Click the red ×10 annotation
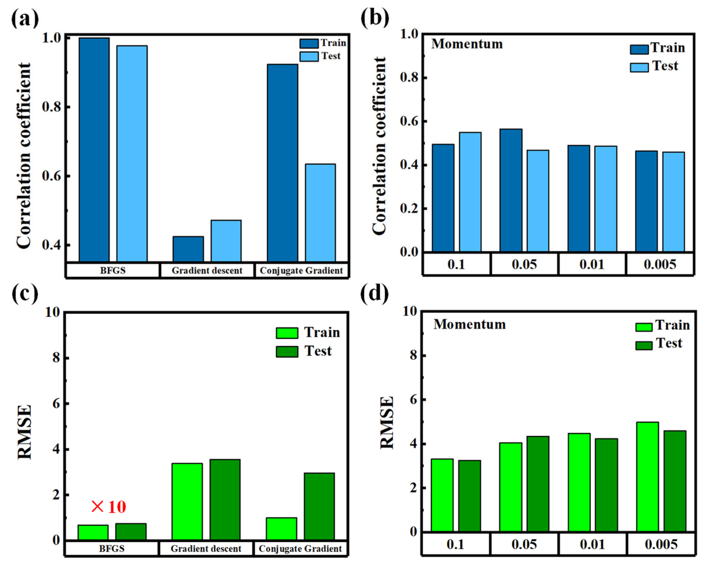click(109, 507)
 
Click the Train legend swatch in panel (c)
click(287, 333)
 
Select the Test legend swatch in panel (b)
click(639, 67)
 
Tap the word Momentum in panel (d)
click(470, 324)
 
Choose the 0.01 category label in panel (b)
click(592, 264)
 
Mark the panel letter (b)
click(375, 18)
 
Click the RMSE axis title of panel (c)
click(24, 432)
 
